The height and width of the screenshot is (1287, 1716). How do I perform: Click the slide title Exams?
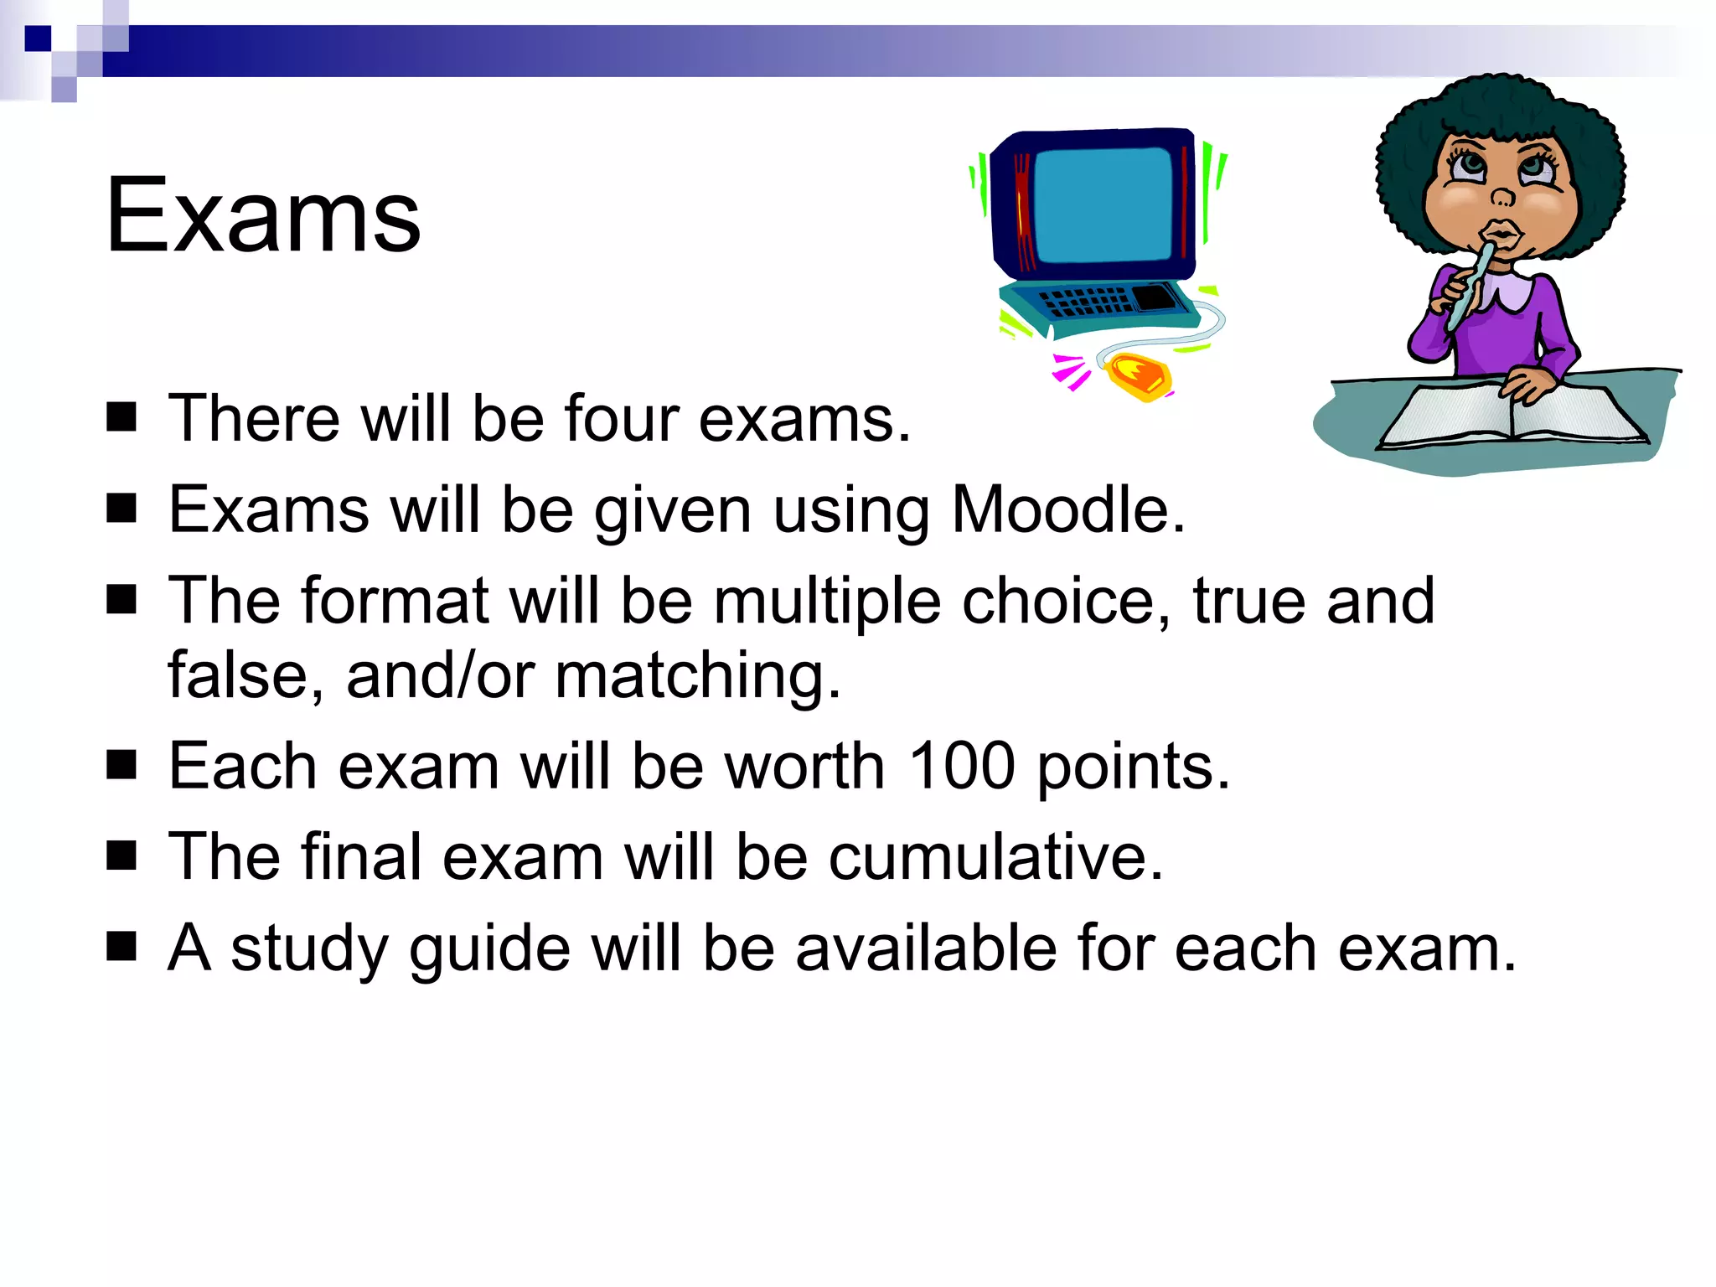[x=262, y=215]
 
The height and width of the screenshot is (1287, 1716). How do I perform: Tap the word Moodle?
[x=1067, y=509]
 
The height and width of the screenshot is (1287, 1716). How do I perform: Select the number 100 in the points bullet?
[x=962, y=766]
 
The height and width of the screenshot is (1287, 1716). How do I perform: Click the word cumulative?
[x=995, y=857]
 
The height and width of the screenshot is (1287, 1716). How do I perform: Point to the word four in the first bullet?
[x=621, y=418]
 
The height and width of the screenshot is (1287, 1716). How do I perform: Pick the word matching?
[x=697, y=675]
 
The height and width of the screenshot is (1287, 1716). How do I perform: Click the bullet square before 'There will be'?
[x=122, y=416]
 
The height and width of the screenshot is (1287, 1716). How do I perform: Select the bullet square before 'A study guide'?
[x=122, y=947]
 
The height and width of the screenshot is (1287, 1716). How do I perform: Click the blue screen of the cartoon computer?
[x=1102, y=205]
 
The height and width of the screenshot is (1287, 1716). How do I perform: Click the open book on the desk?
[x=1513, y=415]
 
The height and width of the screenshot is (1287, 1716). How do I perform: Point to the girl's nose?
[x=1503, y=197]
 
